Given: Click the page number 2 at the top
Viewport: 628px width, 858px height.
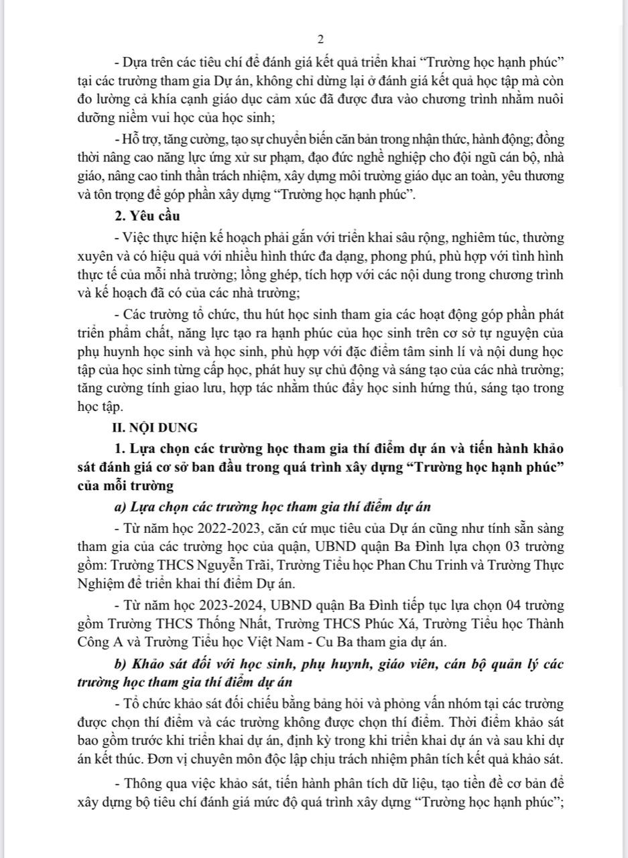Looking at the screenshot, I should pos(320,40).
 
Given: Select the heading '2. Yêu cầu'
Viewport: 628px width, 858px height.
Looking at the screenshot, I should pos(147,217).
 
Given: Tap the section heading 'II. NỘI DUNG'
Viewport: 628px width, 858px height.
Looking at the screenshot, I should pos(155,427).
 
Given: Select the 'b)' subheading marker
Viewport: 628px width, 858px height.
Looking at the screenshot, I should pos(123,664).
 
